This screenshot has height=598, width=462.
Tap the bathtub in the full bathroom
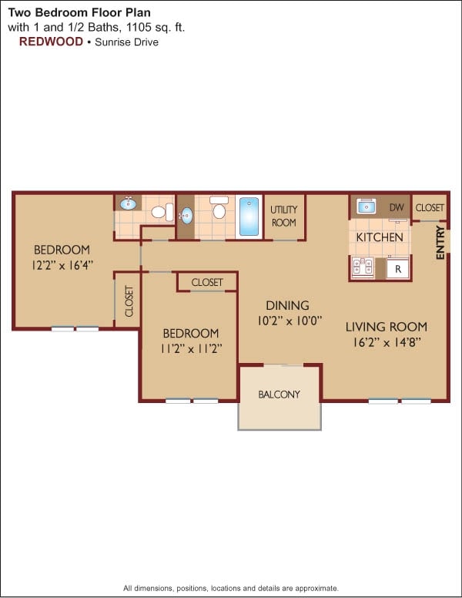tap(249, 217)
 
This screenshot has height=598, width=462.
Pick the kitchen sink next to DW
tap(367, 207)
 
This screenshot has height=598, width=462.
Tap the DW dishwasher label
tap(397, 207)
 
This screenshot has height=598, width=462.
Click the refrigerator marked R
tap(398, 269)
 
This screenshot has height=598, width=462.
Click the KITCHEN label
tap(380, 237)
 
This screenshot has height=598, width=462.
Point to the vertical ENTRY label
tap(440, 241)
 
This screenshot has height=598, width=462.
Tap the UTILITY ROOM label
tap(283, 216)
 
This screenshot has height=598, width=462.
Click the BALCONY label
tap(279, 395)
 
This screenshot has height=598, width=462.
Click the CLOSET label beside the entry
tap(430, 207)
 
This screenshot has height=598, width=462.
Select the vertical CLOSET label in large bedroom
tap(129, 301)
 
